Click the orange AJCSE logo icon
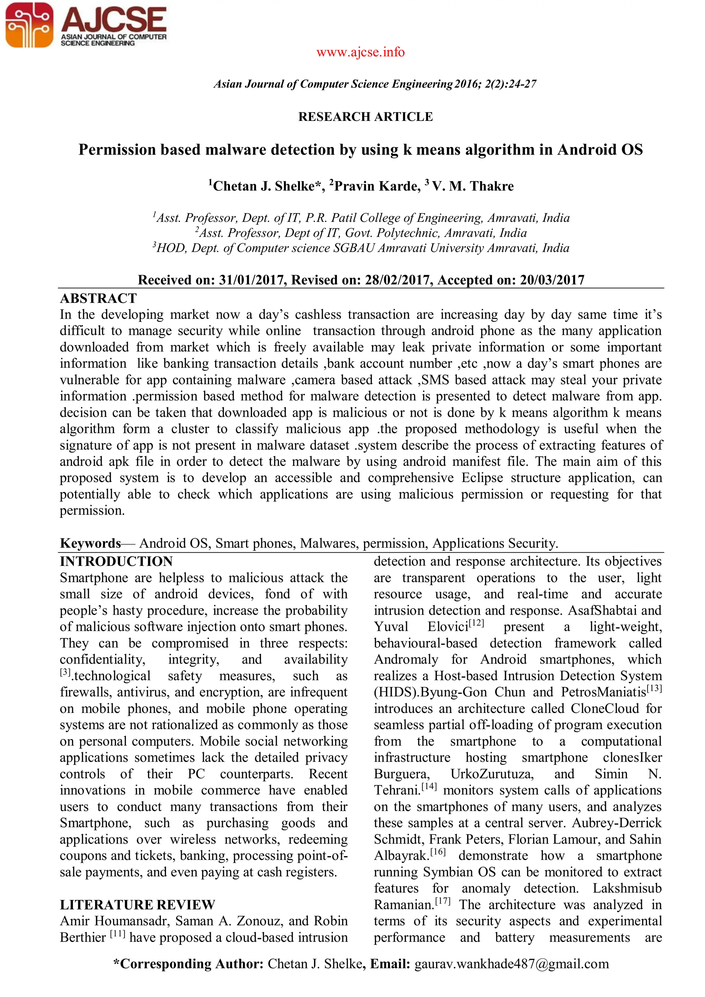[29, 25]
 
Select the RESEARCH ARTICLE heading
[365, 117]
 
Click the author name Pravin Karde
[377, 186]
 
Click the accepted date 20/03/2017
[552, 280]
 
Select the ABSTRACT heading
[98, 298]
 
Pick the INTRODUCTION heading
[116, 561]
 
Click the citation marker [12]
[476, 623]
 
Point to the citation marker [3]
[65, 672]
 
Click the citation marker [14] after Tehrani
[429, 786]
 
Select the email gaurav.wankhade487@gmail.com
[512, 964]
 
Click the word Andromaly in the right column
[406, 660]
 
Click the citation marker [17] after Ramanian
[443, 901]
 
